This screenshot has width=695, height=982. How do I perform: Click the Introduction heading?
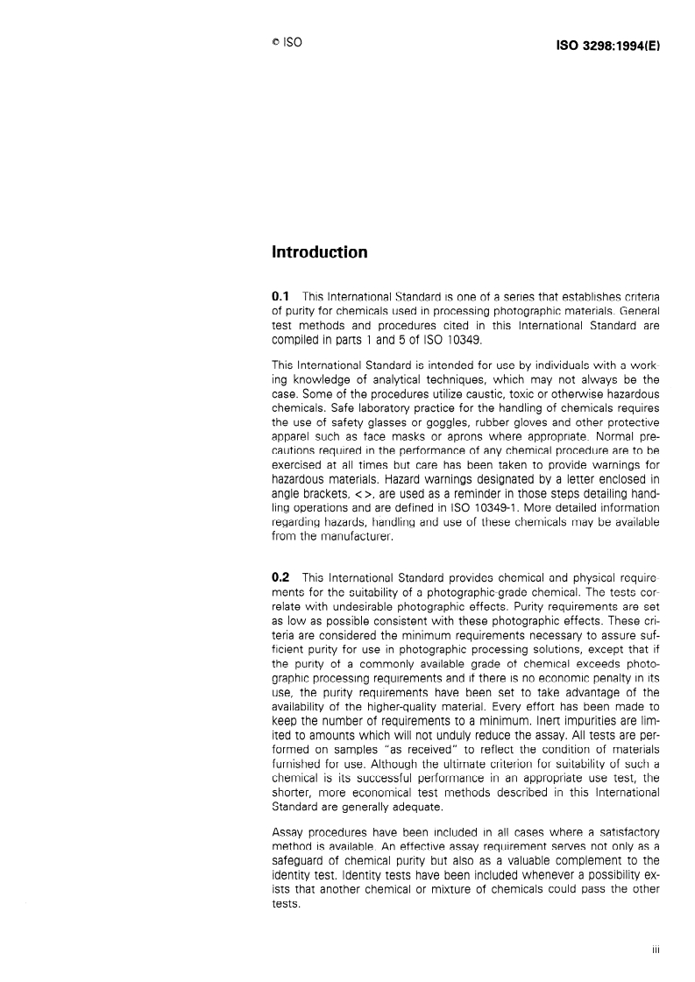click(x=319, y=253)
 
